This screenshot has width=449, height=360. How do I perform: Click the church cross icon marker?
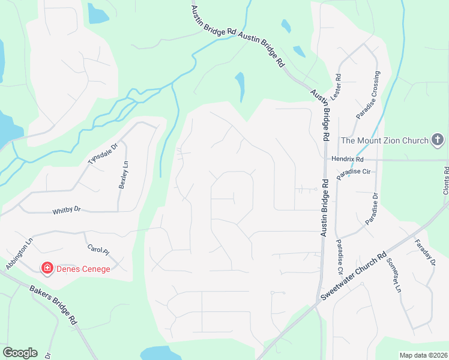pos(438,140)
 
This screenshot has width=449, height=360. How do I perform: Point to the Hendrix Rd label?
pos(348,160)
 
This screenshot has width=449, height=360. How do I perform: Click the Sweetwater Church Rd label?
pos(353,278)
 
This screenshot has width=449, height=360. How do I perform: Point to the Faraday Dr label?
pos(424,253)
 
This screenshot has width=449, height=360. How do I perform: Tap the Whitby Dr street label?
pos(65,211)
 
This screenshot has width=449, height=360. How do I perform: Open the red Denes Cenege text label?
pos(83,269)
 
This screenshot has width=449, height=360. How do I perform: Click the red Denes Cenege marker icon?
pos(46,268)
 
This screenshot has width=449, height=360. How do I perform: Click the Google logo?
pos(20,353)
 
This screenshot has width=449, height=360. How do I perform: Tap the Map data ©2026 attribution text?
pos(423,355)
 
